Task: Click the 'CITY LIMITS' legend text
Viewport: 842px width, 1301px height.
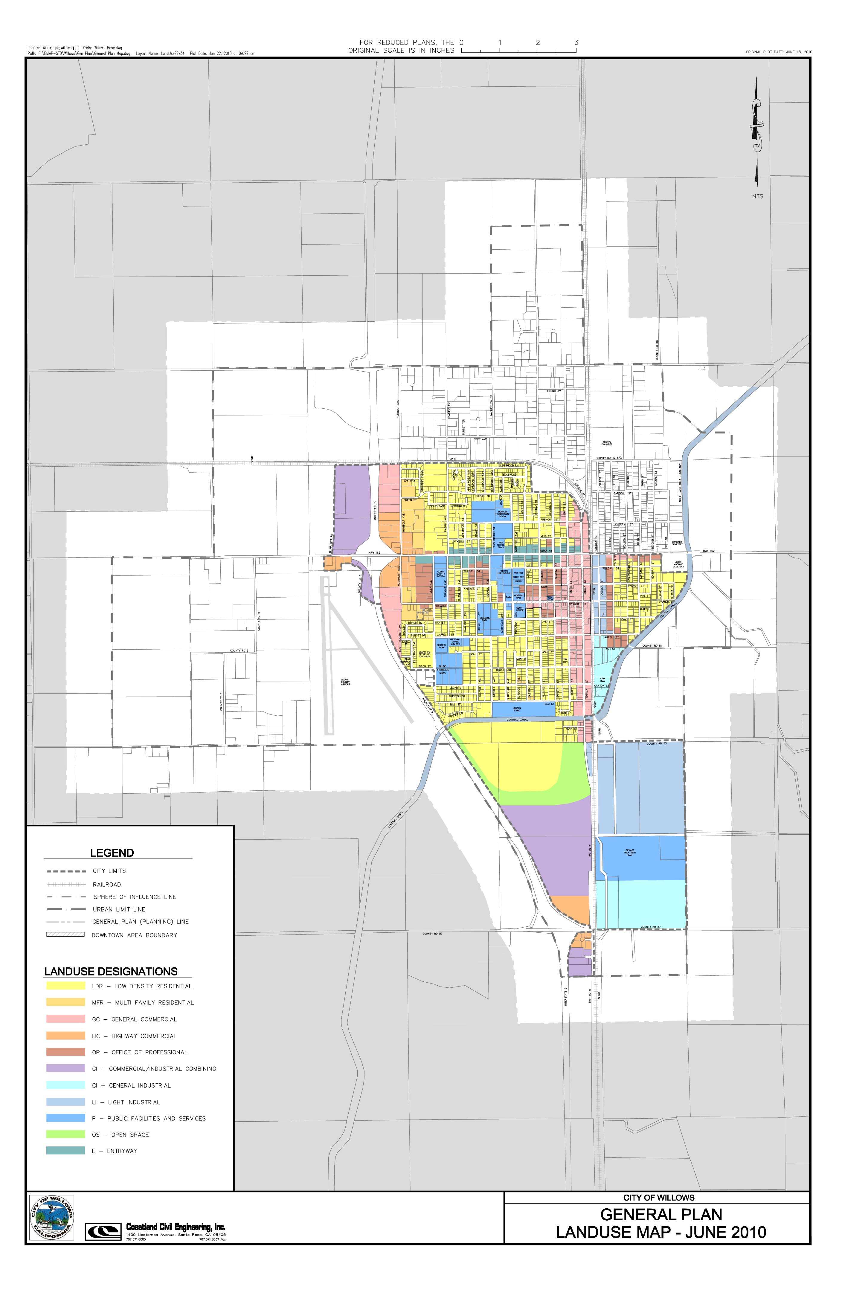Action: point(109,871)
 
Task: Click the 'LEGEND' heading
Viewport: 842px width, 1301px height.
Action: point(112,853)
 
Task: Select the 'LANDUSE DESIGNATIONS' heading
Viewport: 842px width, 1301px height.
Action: point(111,971)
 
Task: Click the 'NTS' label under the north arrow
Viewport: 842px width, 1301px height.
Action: point(757,196)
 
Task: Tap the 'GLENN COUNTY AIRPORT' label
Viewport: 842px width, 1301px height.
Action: point(345,682)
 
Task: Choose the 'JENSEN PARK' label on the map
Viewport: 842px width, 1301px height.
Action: point(517,709)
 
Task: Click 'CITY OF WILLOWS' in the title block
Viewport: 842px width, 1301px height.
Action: point(659,1197)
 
